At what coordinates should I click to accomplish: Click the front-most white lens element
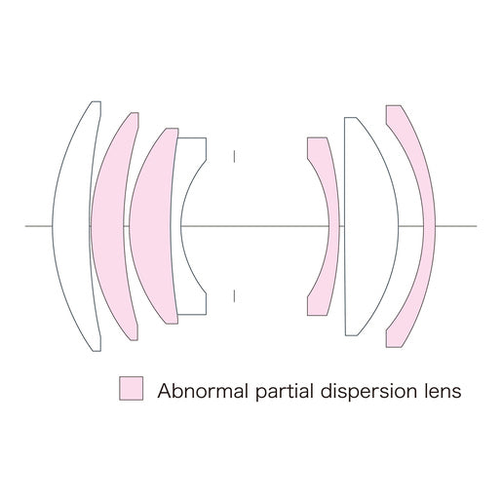pos(71,226)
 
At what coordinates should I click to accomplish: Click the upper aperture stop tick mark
pos(234,156)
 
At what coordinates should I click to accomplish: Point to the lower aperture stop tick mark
pos(234,295)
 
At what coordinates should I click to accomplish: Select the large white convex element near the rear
pos(370,226)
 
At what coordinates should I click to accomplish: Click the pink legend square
pos(131,388)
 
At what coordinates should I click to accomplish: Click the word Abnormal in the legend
pos(203,391)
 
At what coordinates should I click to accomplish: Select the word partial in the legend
pos(285,392)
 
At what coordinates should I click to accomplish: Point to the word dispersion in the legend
pos(368,392)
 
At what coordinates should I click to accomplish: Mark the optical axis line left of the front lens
pos(39,226)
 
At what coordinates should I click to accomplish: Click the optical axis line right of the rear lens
pos(456,226)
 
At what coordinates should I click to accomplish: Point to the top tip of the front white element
pos(97,101)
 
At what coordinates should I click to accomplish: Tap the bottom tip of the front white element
pos(97,351)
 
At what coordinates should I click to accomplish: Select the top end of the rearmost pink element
pos(393,105)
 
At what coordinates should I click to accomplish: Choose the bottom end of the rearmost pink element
pos(393,347)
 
